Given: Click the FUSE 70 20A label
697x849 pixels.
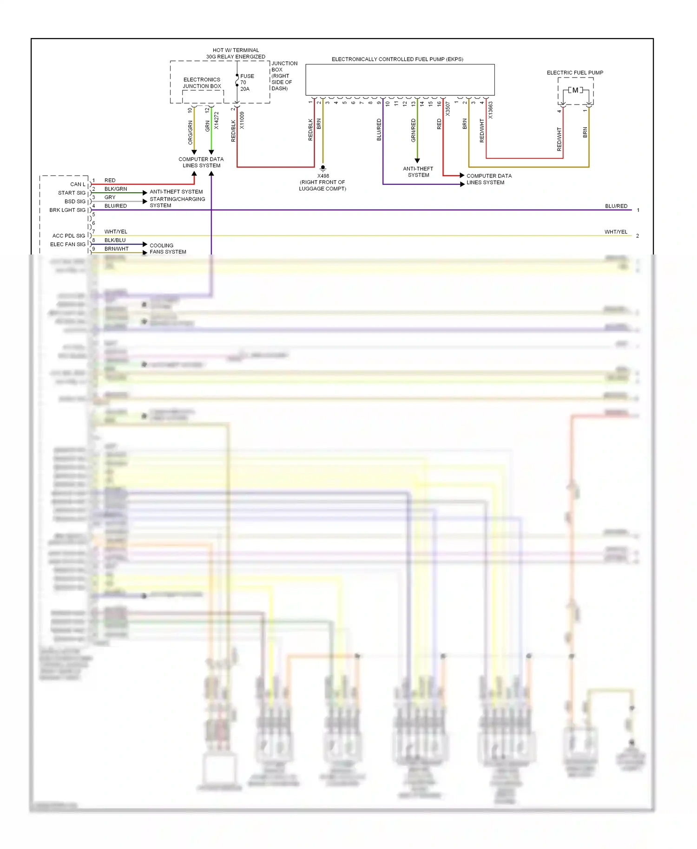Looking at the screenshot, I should point(246,82).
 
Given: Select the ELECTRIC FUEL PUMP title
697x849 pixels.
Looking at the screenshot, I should point(574,72).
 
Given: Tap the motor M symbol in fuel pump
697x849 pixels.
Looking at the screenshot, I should point(575,90).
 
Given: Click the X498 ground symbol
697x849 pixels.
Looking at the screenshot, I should point(323,168).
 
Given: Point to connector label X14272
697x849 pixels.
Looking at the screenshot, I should point(217,120).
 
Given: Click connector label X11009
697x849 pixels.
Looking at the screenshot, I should point(242,120).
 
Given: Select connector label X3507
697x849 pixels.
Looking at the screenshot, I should point(448,109).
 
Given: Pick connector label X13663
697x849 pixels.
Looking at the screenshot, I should point(491,111).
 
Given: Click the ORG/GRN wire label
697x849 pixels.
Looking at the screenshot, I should point(190,132).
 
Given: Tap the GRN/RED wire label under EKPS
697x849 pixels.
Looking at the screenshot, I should point(414,131).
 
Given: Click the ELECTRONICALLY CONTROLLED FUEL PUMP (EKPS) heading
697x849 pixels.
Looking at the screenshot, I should point(397,59).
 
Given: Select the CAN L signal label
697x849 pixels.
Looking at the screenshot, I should point(78,184).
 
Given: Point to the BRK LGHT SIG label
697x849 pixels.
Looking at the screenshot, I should point(67,210).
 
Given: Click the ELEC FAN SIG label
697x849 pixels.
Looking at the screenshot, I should point(68,244).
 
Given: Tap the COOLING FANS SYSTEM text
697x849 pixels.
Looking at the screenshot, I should point(167,248).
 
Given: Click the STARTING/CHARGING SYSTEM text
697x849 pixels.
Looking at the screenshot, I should point(177,202).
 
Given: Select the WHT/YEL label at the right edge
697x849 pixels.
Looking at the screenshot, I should point(615,232).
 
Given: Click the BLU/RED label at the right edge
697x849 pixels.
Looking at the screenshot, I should point(616,206).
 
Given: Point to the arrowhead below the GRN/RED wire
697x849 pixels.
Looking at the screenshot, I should point(417,161).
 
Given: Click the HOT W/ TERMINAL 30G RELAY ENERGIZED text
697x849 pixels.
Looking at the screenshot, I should point(236,53).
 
